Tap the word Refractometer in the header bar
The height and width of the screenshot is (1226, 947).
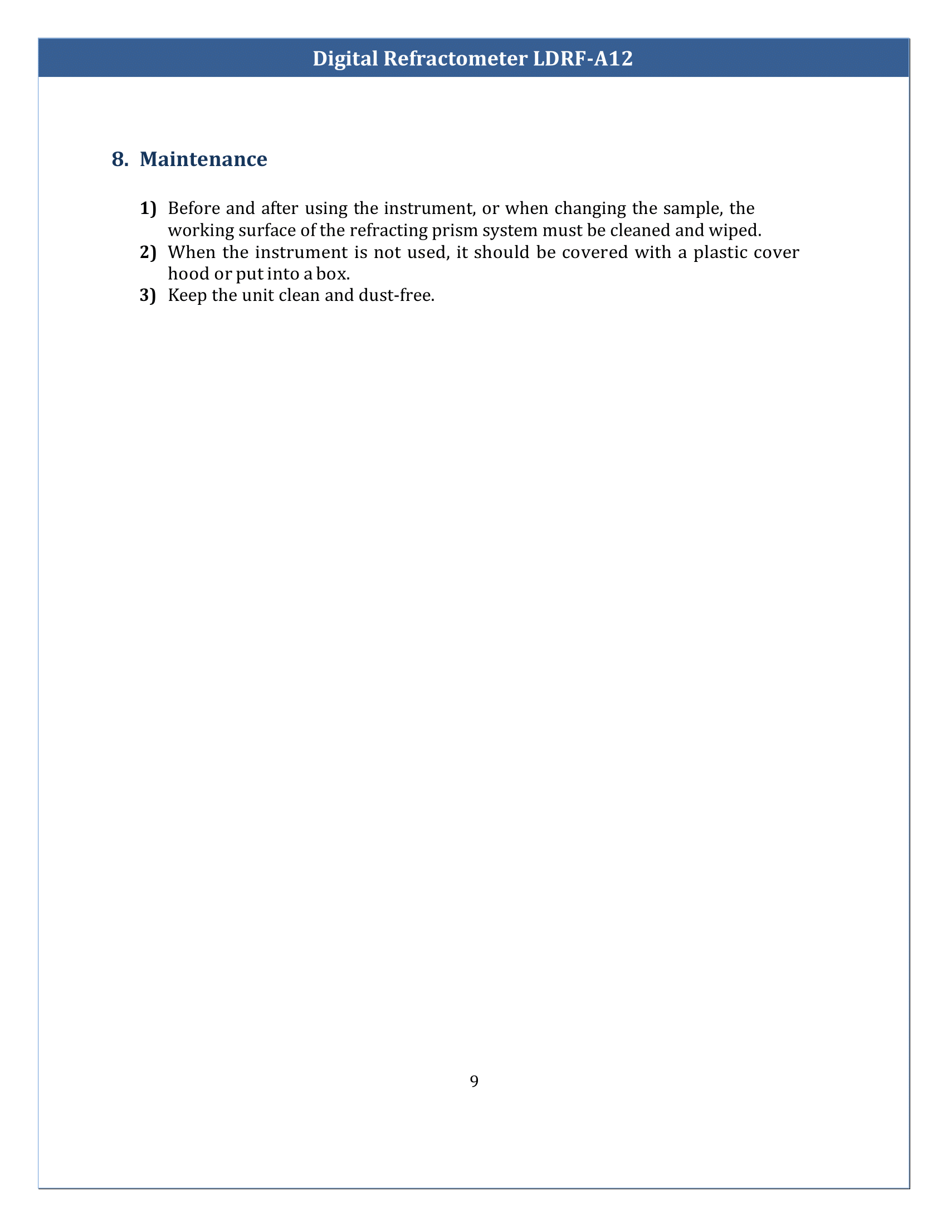pos(455,59)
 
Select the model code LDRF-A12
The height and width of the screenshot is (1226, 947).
pos(582,59)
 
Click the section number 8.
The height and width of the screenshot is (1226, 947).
pos(120,159)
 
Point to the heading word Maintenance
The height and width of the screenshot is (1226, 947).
pos(203,159)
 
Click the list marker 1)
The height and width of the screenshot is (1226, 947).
pos(148,208)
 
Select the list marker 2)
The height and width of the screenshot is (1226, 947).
pos(148,252)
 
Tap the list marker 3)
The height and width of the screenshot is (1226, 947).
pos(148,295)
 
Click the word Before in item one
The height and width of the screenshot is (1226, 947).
pos(193,208)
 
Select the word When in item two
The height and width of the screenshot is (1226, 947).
pos(191,252)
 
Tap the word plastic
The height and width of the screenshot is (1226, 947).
pos(720,252)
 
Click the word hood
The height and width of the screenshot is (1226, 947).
pos(188,274)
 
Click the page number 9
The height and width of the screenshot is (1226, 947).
pos(474,1081)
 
